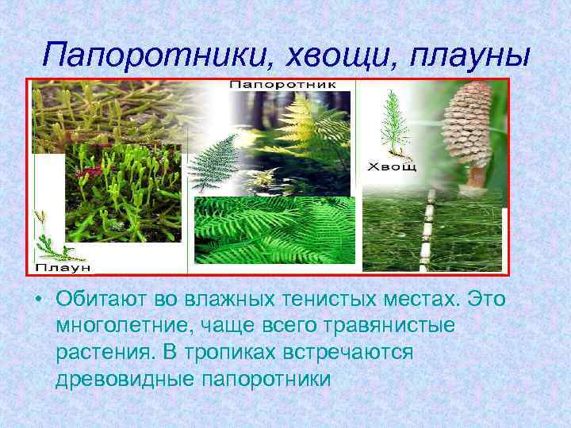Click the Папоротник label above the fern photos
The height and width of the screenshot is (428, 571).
click(x=283, y=84)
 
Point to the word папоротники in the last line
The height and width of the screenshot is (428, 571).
click(x=261, y=378)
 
